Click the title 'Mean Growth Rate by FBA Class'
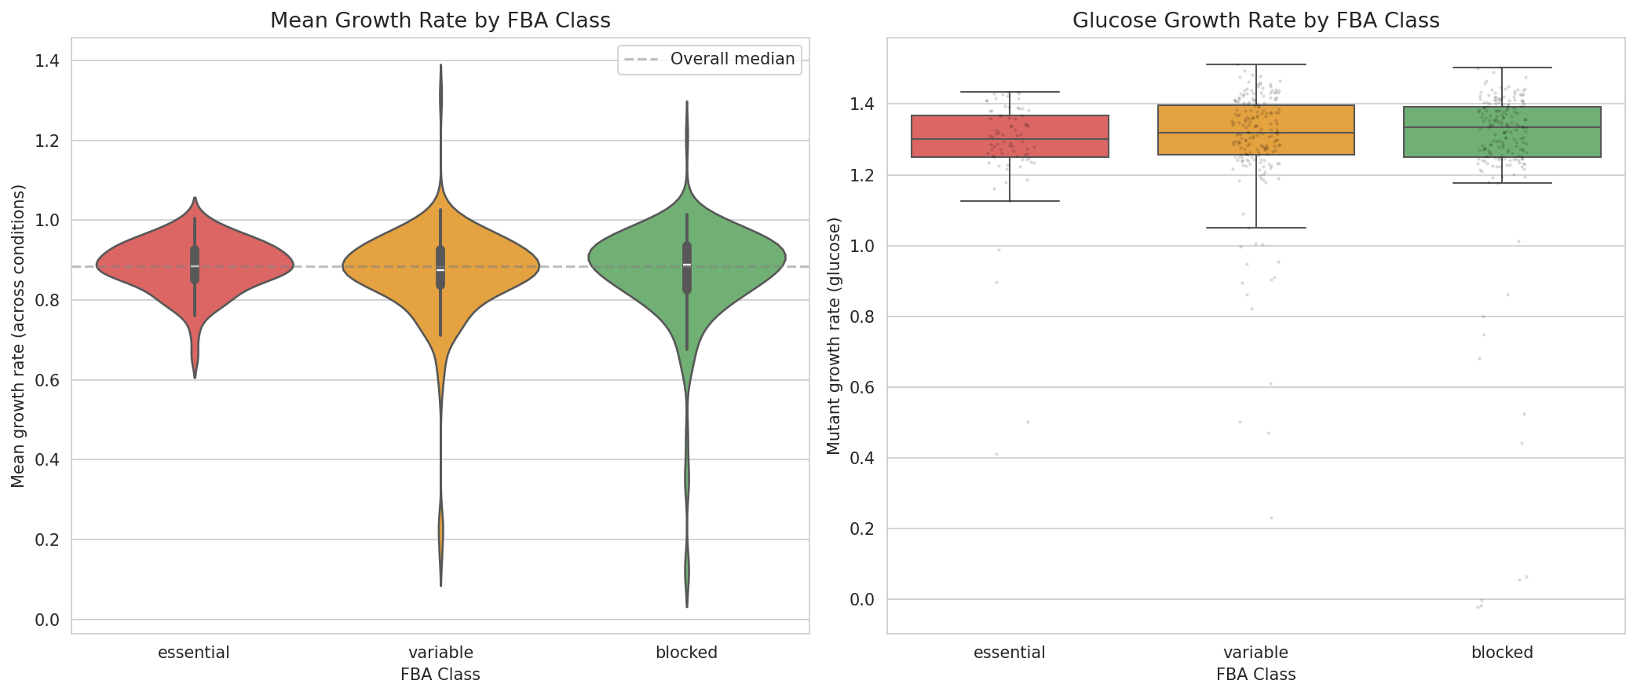pos(440,20)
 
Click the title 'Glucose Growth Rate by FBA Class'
pos(1255,20)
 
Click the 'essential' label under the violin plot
pos(194,653)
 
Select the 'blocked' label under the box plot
pos(1502,653)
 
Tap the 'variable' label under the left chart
pos(440,653)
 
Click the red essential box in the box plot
pos(1010,137)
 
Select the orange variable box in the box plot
pos(1256,130)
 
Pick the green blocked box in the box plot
pos(1502,132)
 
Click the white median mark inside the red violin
pos(195,266)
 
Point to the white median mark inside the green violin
pos(687,265)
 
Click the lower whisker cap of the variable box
pos(1256,228)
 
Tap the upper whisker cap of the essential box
pos(1010,92)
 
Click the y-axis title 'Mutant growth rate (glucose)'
pos(834,336)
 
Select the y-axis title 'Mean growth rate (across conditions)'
pos(18,336)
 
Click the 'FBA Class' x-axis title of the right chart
pos(1255,675)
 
